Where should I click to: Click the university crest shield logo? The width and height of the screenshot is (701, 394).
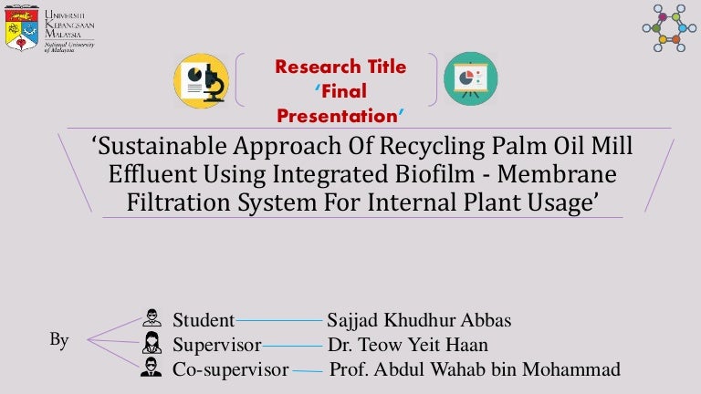pyautogui.click(x=22, y=28)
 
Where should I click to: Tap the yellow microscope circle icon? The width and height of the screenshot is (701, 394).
pyautogui.click(x=202, y=81)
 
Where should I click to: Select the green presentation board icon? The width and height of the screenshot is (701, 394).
pyautogui.click(x=471, y=79)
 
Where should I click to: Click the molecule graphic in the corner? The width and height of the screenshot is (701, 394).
pyautogui.click(x=669, y=28)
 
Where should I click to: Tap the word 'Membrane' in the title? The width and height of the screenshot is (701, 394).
pyautogui.click(x=557, y=173)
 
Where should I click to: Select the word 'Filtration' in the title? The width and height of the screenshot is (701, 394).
pyautogui.click(x=178, y=202)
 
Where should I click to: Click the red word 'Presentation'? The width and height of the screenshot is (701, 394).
pyautogui.click(x=338, y=116)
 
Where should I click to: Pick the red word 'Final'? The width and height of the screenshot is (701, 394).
pyautogui.click(x=344, y=91)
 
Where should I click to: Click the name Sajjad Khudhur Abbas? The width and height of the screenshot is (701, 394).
pyautogui.click(x=419, y=320)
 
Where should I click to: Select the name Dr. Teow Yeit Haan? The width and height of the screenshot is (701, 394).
pyautogui.click(x=408, y=345)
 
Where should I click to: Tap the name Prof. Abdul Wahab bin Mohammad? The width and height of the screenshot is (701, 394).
pyautogui.click(x=475, y=369)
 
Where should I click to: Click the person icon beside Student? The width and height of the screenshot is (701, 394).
pyautogui.click(x=152, y=317)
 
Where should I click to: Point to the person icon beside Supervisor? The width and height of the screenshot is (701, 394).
pyautogui.click(x=152, y=343)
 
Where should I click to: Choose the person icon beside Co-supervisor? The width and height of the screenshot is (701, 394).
pyautogui.click(x=152, y=368)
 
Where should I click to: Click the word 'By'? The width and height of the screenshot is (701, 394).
pyautogui.click(x=59, y=340)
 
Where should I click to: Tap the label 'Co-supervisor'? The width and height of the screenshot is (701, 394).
pyautogui.click(x=231, y=369)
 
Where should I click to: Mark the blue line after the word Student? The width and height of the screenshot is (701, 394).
pyautogui.click(x=279, y=320)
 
